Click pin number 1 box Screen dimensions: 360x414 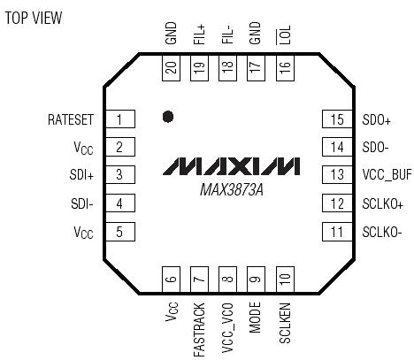click(x=119, y=119)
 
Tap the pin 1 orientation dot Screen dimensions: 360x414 click(x=167, y=115)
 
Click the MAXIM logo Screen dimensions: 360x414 click(x=232, y=166)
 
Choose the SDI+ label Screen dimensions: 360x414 click(x=80, y=176)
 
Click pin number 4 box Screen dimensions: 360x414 click(x=119, y=204)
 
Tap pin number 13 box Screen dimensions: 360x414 click(x=335, y=176)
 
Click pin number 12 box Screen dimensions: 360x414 click(x=335, y=204)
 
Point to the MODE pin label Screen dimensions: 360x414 click(x=257, y=318)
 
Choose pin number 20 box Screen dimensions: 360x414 click(x=172, y=67)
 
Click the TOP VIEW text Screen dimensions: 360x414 click(x=34, y=18)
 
